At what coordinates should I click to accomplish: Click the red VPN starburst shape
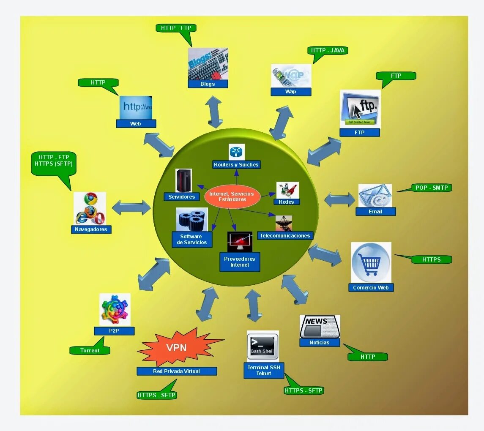click(177, 348)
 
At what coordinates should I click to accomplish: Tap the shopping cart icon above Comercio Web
click(371, 262)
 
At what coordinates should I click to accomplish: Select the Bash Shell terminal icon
click(263, 346)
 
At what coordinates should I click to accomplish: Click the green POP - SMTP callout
click(431, 188)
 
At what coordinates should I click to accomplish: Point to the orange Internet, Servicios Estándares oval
click(232, 196)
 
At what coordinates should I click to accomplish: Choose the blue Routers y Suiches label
click(236, 165)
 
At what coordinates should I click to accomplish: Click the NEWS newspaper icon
click(320, 327)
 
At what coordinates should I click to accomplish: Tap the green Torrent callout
click(90, 350)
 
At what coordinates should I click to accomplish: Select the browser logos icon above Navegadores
click(90, 208)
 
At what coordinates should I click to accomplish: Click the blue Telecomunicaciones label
click(285, 236)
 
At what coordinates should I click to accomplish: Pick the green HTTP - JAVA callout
click(328, 51)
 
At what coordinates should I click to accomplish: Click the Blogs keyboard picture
click(208, 64)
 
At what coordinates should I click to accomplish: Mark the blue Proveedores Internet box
click(240, 262)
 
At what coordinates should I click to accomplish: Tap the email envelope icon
click(375, 196)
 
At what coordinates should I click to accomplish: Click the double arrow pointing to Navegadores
click(131, 207)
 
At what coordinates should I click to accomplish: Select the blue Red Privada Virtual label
click(177, 371)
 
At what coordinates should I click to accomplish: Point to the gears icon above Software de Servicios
click(191, 219)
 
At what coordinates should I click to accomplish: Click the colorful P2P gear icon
click(115, 309)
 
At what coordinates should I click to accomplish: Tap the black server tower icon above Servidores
click(184, 180)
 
